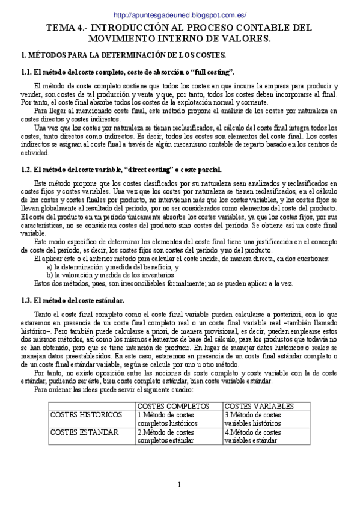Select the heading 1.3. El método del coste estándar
click(x=73, y=301)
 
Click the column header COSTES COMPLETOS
click(x=166, y=406)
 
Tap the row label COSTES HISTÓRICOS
click(x=87, y=415)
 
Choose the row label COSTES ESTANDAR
click(x=85, y=432)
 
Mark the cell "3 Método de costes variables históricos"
click(x=252, y=419)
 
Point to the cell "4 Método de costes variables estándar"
click(x=252, y=436)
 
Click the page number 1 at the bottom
click(x=179, y=485)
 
